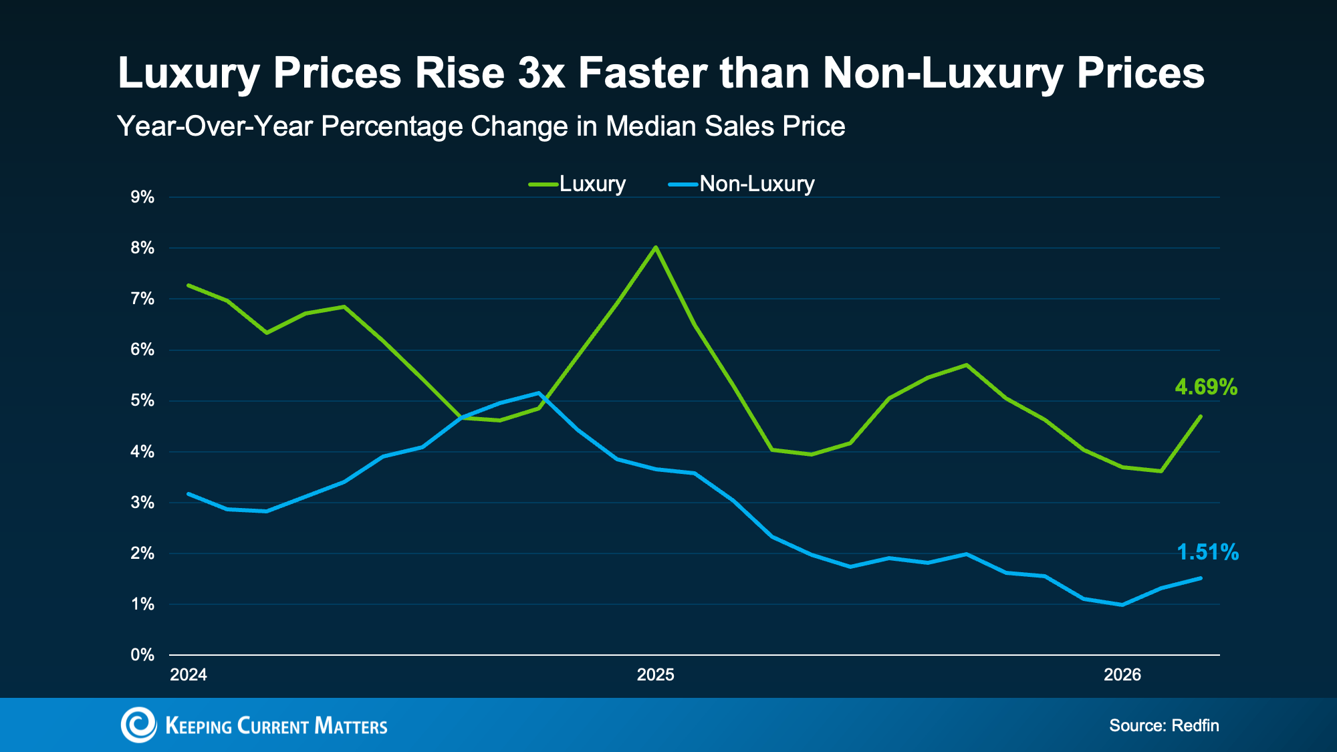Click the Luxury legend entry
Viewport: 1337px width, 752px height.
tap(577, 184)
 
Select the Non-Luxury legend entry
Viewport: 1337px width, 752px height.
tap(741, 184)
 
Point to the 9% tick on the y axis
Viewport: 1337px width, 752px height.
tap(142, 197)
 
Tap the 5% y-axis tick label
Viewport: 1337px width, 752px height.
tap(142, 400)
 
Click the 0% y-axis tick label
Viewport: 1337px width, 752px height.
tap(142, 655)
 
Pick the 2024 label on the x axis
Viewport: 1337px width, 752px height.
tap(189, 674)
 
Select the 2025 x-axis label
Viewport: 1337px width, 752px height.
tap(655, 674)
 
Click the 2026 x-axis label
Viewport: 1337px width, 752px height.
tap(1122, 674)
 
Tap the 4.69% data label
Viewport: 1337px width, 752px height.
tap(1206, 387)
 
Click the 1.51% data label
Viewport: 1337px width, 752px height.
tap(1207, 552)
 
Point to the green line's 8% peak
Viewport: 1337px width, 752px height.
tap(655, 247)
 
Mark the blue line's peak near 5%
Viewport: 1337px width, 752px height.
tap(539, 392)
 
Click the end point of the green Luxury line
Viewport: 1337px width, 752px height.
tap(1201, 416)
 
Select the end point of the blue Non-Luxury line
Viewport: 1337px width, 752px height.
tap(1201, 578)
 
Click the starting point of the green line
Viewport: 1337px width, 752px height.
tap(189, 285)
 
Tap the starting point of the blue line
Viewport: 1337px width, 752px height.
tap(189, 494)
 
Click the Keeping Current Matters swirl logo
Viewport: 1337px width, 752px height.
tap(138, 725)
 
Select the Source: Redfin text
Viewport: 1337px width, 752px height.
tap(1164, 725)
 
